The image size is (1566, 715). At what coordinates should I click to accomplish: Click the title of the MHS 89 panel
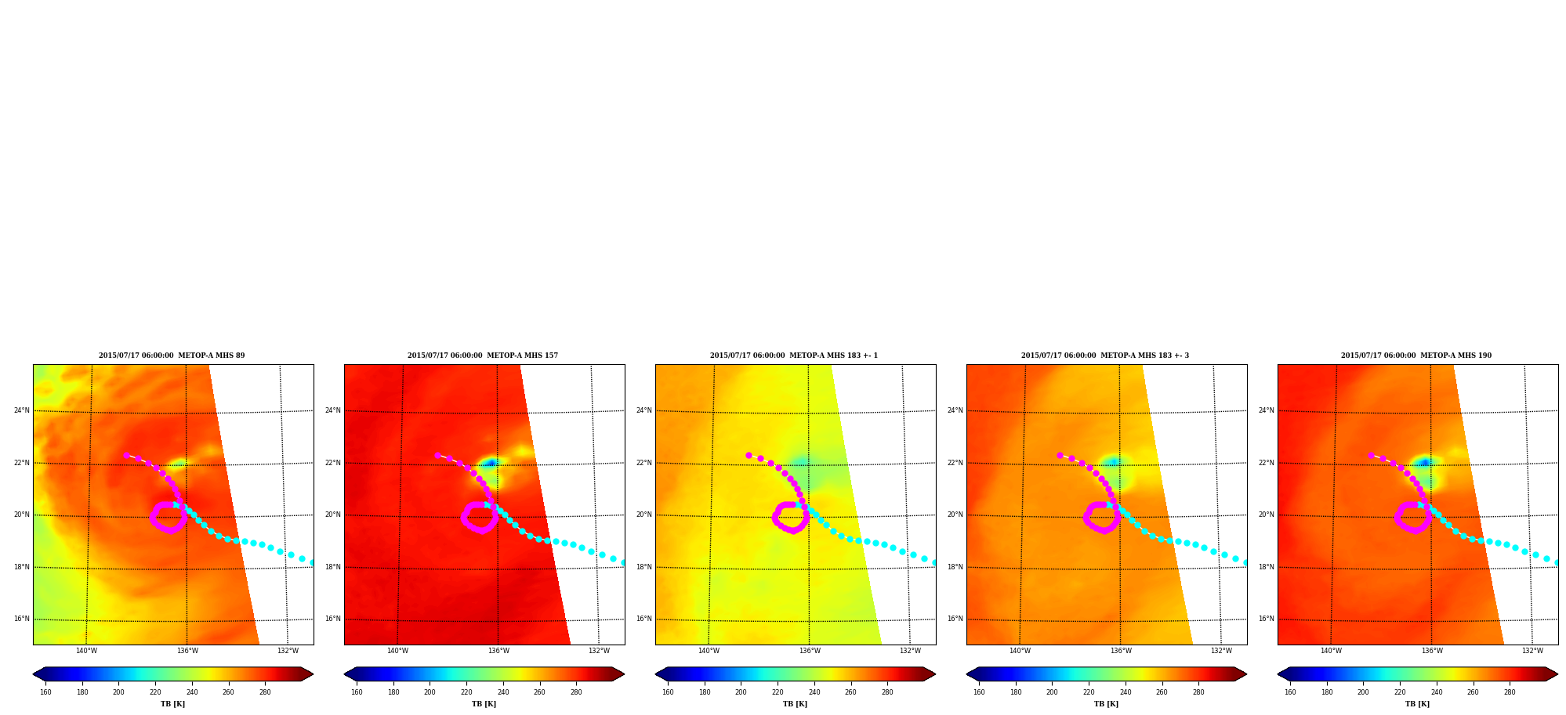tap(172, 356)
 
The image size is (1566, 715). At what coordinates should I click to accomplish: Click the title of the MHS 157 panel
tap(483, 356)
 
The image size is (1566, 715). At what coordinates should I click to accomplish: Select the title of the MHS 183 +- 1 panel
tap(794, 356)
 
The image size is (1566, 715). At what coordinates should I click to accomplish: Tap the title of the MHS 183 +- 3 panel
tap(1105, 356)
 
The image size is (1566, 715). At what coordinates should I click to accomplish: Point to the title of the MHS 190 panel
tap(1416, 356)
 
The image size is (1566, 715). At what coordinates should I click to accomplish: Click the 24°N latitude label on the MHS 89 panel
tap(21, 410)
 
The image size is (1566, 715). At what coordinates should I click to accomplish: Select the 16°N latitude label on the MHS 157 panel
tap(332, 619)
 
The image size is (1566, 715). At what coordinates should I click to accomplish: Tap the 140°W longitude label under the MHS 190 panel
tap(1331, 651)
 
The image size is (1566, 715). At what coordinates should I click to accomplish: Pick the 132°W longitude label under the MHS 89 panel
tap(288, 651)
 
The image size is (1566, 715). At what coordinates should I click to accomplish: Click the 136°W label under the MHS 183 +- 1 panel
tap(810, 651)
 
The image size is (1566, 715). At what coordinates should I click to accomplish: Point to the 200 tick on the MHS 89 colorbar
tap(118, 692)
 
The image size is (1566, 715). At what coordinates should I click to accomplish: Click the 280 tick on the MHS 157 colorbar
tap(576, 692)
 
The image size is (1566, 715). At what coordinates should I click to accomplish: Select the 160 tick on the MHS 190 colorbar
tap(1290, 692)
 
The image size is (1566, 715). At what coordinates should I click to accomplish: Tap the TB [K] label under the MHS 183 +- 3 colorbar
tap(1106, 704)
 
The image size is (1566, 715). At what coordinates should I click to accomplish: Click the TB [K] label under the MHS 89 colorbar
tap(172, 704)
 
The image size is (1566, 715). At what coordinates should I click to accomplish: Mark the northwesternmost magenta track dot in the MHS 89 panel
tap(126, 455)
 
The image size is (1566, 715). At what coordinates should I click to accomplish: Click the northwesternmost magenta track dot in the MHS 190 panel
tap(1371, 455)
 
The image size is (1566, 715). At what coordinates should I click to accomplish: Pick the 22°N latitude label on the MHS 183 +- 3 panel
tap(955, 463)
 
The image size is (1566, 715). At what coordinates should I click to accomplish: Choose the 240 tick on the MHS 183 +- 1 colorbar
tap(814, 692)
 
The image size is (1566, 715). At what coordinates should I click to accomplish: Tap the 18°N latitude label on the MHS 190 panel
tap(1266, 567)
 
